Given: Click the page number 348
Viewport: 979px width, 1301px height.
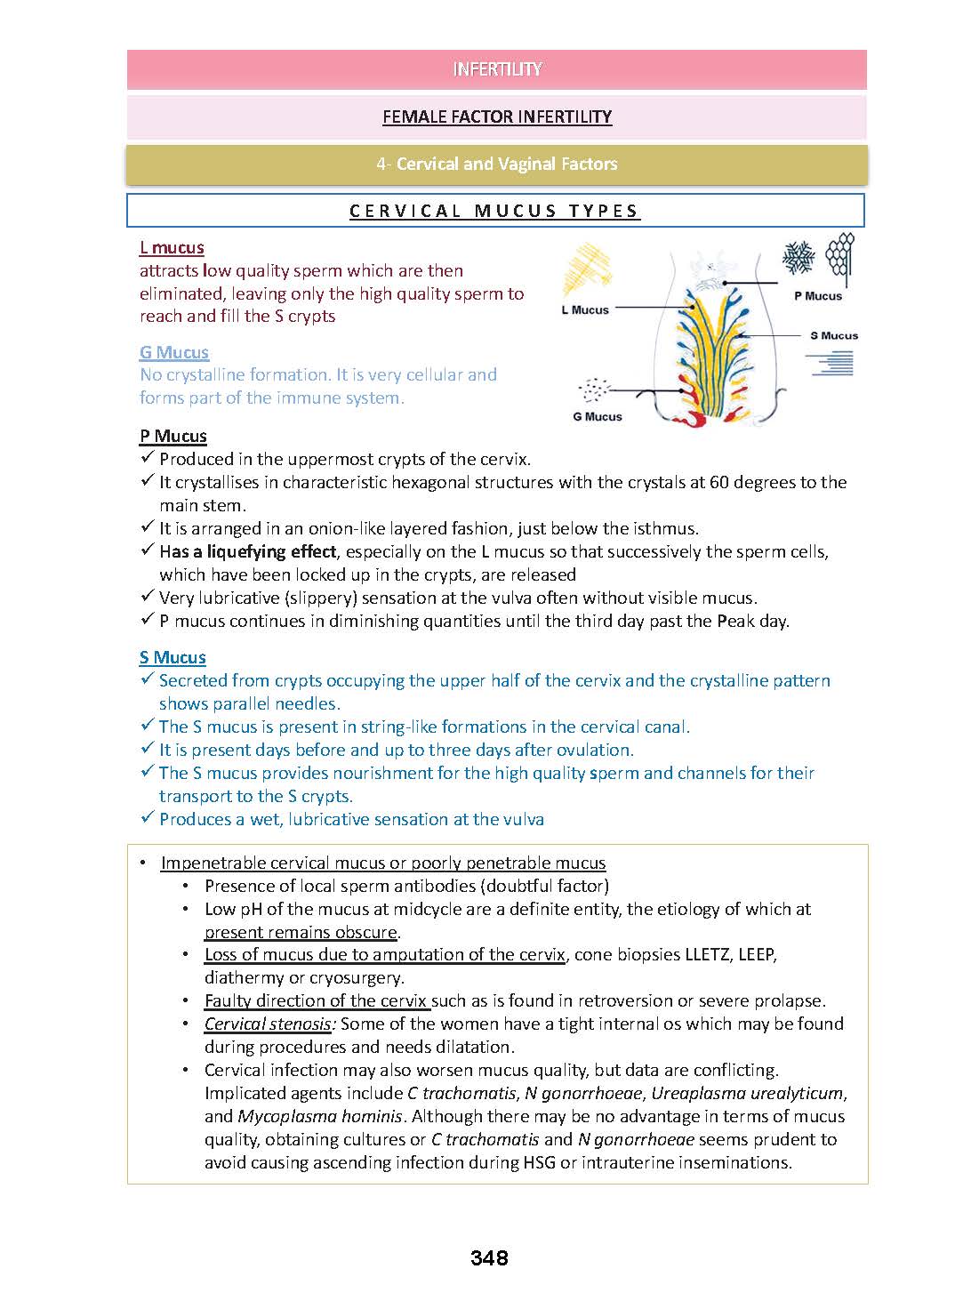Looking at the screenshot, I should click(x=489, y=1257).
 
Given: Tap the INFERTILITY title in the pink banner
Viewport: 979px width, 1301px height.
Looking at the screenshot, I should click(x=497, y=69).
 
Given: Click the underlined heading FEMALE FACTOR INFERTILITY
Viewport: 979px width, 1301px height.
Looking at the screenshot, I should click(x=497, y=116).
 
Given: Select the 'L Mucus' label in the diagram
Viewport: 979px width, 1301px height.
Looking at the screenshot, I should click(x=585, y=310).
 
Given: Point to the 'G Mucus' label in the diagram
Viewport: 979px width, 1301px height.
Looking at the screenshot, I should click(x=598, y=416).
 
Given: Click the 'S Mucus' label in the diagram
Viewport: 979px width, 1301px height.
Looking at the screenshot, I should click(x=834, y=335).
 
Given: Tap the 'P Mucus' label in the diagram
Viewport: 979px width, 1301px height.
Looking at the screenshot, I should click(x=817, y=296).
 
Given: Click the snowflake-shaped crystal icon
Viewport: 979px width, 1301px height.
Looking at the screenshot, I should click(x=798, y=258).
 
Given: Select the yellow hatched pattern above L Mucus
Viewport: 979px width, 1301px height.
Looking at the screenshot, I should click(x=589, y=270).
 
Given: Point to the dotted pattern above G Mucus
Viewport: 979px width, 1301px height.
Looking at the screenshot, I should click(x=594, y=389).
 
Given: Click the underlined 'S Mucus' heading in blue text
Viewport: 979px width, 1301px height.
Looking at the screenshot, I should click(x=173, y=657).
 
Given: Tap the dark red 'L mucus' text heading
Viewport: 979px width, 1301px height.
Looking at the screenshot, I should click(x=172, y=248).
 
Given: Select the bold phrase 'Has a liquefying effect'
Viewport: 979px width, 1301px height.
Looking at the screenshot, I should click(x=248, y=551).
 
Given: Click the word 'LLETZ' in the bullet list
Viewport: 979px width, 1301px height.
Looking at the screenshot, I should click(x=710, y=954).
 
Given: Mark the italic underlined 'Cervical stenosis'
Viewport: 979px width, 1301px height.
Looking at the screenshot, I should click(x=268, y=1024).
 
